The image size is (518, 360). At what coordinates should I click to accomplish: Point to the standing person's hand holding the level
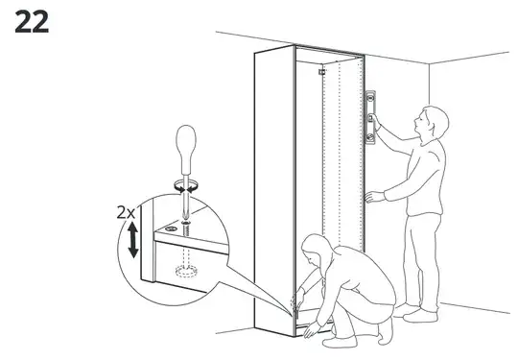[376, 125]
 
